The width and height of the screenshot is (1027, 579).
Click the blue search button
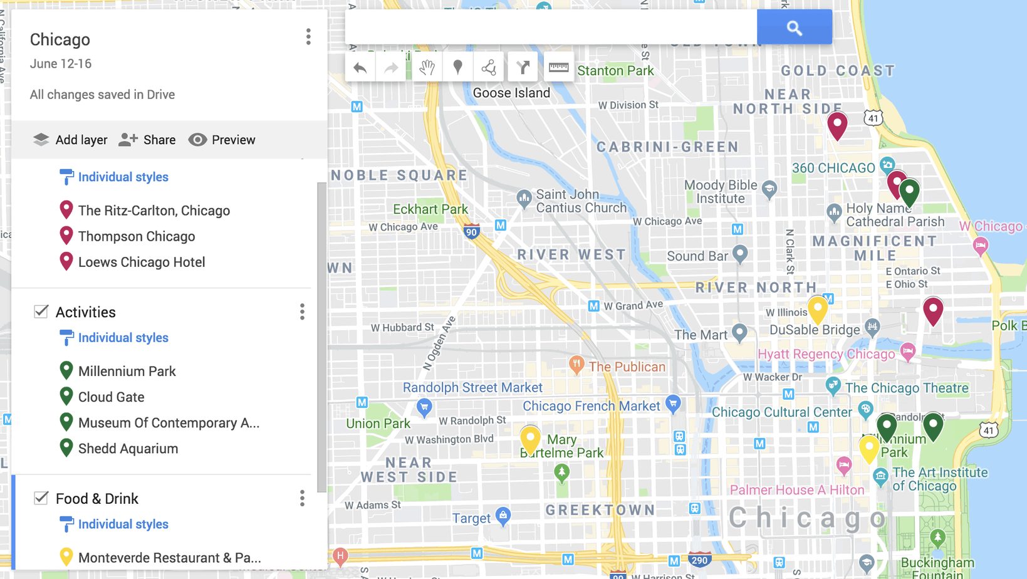tap(794, 28)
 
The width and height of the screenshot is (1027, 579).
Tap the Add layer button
tap(70, 140)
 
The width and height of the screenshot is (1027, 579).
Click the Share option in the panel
tap(147, 140)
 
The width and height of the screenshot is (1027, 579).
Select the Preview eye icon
tap(197, 140)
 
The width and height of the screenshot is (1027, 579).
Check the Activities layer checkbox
tap(41, 311)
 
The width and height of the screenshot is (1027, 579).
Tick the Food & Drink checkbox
tap(41, 498)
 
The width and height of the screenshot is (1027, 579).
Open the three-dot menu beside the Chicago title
tap(308, 37)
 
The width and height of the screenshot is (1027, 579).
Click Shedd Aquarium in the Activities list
tap(128, 449)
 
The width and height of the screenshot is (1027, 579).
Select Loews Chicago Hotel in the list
tap(141, 262)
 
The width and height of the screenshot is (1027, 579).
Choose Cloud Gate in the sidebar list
tap(111, 397)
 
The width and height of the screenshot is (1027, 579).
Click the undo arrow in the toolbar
tap(360, 68)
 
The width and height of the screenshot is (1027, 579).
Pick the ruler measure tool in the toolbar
tap(558, 67)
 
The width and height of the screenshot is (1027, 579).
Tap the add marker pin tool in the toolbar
tap(458, 67)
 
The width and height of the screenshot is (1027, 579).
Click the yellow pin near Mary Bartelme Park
tap(530, 439)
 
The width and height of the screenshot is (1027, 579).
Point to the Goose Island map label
tap(511, 93)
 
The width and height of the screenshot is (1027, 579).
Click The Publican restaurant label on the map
tap(627, 367)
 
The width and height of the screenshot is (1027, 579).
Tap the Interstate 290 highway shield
tap(699, 560)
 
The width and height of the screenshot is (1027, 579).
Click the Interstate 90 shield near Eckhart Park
tap(472, 232)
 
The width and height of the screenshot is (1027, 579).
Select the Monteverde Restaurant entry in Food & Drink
tap(169, 558)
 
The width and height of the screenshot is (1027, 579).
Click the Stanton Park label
tap(615, 71)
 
